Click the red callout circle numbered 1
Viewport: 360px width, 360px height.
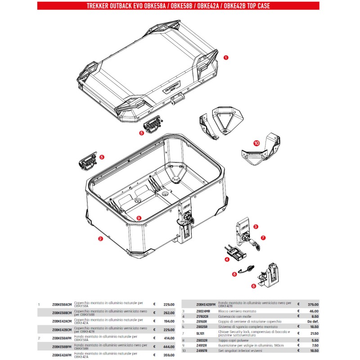226,58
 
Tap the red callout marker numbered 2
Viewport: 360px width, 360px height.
100,239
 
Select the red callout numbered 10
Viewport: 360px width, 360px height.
256,143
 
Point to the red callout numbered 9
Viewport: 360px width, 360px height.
139,218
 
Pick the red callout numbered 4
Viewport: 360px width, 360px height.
227,259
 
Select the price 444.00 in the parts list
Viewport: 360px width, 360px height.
169,347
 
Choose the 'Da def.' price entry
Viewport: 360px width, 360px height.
313,322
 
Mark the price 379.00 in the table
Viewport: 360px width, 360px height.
312,304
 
